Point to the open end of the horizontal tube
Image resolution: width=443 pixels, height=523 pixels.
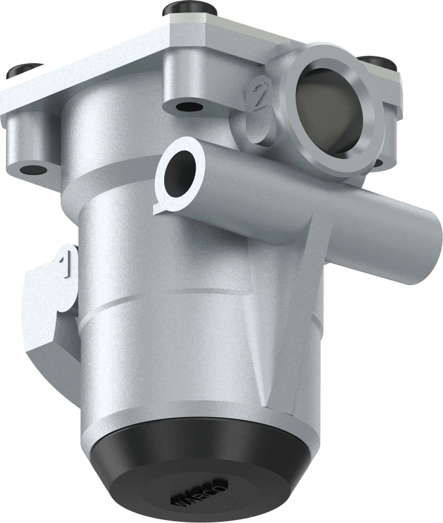click(x=180, y=172)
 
